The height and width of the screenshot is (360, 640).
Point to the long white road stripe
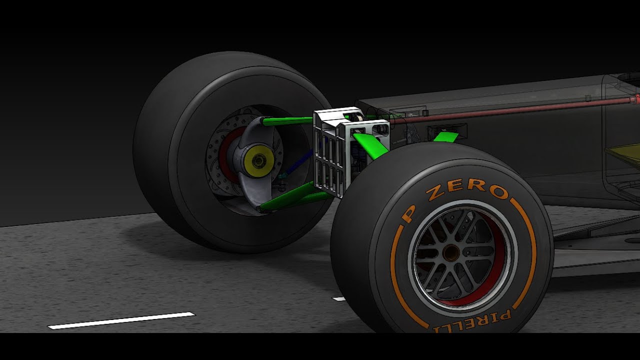121,320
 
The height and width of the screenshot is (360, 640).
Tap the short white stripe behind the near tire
339,299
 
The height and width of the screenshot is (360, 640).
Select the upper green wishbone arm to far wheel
287,120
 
